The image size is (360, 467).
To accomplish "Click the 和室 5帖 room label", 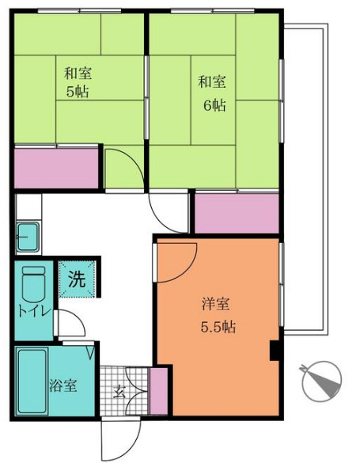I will [78, 82].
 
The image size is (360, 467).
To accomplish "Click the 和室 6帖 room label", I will [212, 92].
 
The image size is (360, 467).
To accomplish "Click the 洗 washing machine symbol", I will [77, 279].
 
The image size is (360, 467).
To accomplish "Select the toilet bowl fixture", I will [34, 281].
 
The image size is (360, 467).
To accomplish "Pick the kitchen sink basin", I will [29, 236].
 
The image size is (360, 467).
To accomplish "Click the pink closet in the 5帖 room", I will [56, 168].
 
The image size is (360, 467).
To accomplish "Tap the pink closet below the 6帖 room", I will [237, 214].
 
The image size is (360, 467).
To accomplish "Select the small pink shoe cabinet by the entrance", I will [158, 390].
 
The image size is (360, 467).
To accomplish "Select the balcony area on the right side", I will [304, 178].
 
